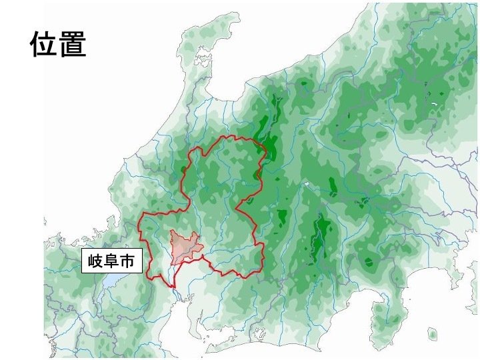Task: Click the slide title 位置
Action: point(58,44)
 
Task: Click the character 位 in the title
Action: point(43,44)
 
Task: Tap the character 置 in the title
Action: point(73,44)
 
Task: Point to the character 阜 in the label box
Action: point(111,261)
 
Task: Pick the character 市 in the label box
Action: point(127,261)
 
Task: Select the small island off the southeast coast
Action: point(432,333)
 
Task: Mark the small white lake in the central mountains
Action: point(306,184)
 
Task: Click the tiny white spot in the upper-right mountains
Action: point(434,104)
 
